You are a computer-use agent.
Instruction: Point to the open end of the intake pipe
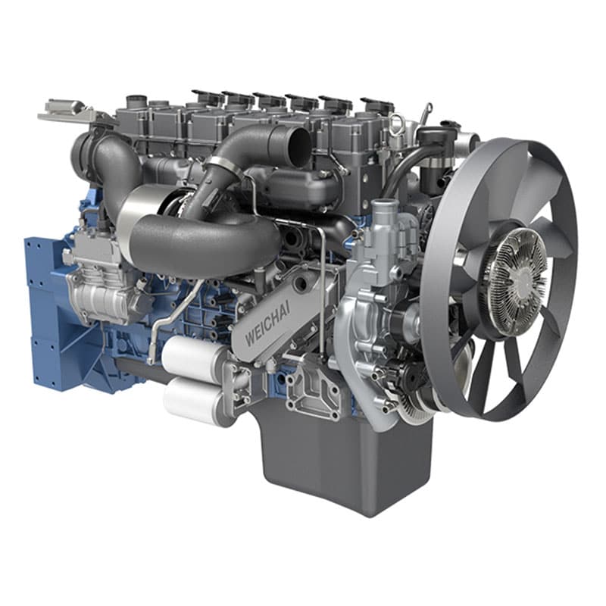pos(299,142)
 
